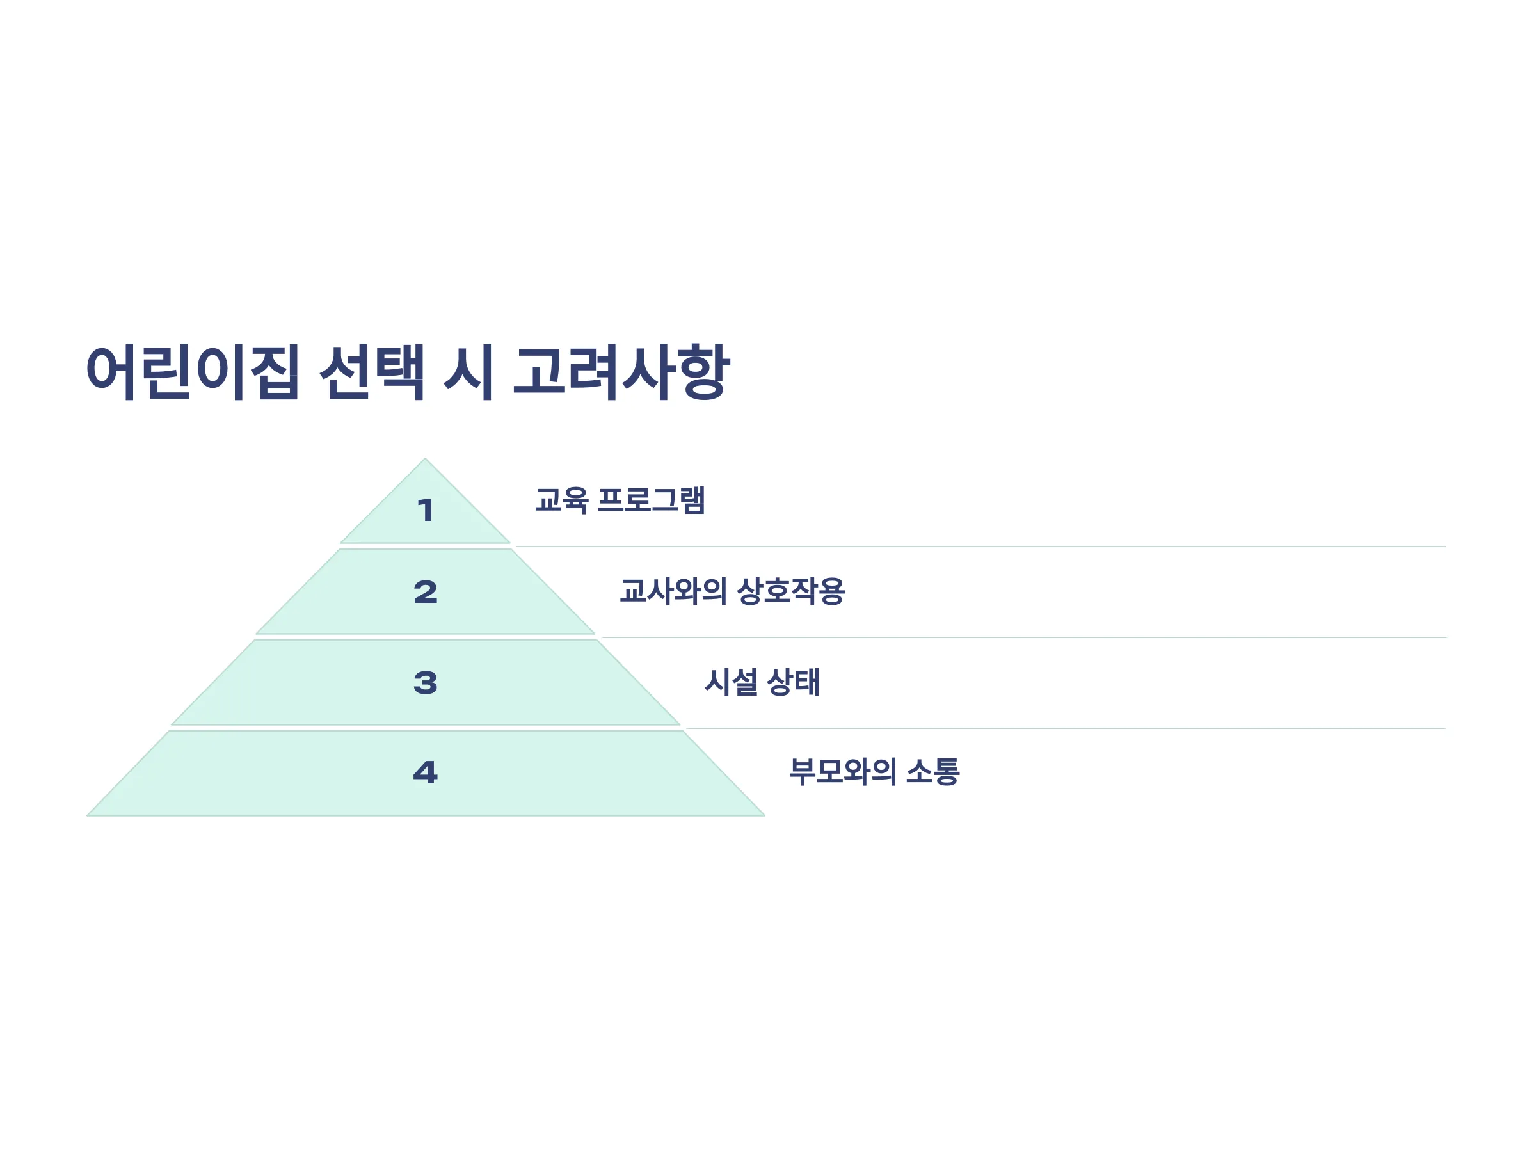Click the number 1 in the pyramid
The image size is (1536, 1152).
pyautogui.click(x=425, y=510)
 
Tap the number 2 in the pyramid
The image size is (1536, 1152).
pyautogui.click(x=425, y=591)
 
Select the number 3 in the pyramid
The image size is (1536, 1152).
pyautogui.click(x=425, y=683)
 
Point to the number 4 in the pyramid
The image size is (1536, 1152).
pyautogui.click(x=425, y=772)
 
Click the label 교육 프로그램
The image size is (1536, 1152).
pyautogui.click(x=620, y=500)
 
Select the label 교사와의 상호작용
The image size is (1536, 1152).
pyautogui.click(x=732, y=591)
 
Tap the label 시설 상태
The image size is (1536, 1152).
pyautogui.click(x=762, y=681)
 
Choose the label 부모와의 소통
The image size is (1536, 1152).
pyautogui.click(x=874, y=771)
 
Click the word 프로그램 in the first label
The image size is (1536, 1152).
pyautogui.click(x=651, y=500)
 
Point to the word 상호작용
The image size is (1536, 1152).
pyautogui.click(x=790, y=591)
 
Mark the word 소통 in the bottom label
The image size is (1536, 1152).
pyautogui.click(x=932, y=771)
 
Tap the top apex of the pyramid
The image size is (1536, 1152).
pyautogui.click(x=425, y=458)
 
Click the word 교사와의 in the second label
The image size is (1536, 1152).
pyautogui.click(x=673, y=591)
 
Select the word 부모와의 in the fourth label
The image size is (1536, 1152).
pyautogui.click(x=842, y=771)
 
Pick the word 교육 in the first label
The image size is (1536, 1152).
pyautogui.click(x=561, y=500)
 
